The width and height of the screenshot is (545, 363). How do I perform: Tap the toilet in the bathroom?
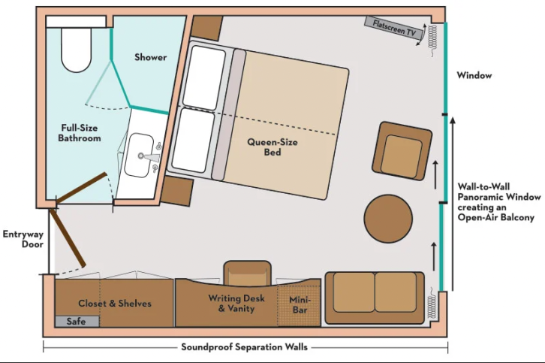(75, 49)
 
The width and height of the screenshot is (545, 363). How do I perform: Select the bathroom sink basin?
(141, 155)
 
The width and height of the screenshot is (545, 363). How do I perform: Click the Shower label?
(150, 57)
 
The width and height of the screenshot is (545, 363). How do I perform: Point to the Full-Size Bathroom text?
(79, 133)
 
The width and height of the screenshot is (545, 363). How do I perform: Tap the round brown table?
(388, 219)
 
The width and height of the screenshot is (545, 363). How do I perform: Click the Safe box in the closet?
(77, 321)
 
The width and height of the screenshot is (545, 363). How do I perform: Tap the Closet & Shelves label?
(115, 304)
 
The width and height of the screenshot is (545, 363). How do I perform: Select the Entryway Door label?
(23, 239)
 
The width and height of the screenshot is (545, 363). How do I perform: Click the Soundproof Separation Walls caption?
(245, 347)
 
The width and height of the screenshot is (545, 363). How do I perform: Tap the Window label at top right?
(474, 76)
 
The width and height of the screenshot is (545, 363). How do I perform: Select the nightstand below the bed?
(178, 191)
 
